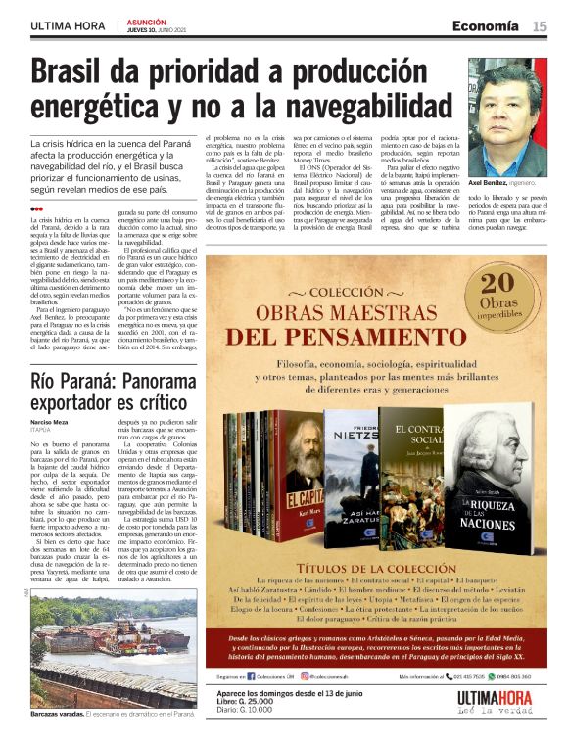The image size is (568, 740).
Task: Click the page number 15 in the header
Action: tap(540, 26)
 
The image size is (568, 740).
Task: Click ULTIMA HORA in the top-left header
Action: tap(68, 26)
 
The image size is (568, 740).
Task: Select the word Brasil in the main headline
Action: tap(80, 75)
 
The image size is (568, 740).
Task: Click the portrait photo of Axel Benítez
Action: tap(506, 116)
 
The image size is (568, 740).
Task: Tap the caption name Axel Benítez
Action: tap(490, 182)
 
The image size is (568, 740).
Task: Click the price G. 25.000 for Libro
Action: tap(259, 702)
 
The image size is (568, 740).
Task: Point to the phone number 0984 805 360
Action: tap(510, 676)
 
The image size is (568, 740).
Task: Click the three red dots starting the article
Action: tap(36, 208)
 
